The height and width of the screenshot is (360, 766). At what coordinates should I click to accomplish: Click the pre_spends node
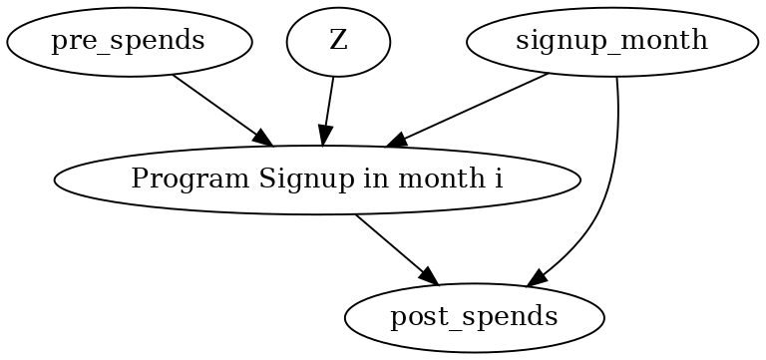pyautogui.click(x=129, y=42)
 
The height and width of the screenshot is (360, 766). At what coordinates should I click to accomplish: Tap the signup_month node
pyautogui.click(x=612, y=42)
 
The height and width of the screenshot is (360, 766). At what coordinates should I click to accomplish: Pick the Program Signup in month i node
pyautogui.click(x=317, y=180)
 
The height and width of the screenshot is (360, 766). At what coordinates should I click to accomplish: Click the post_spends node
pyautogui.click(x=474, y=318)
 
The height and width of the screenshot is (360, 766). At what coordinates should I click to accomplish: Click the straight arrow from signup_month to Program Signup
pyautogui.click(x=469, y=111)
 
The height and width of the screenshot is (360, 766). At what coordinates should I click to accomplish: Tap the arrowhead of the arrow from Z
pyautogui.click(x=323, y=141)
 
